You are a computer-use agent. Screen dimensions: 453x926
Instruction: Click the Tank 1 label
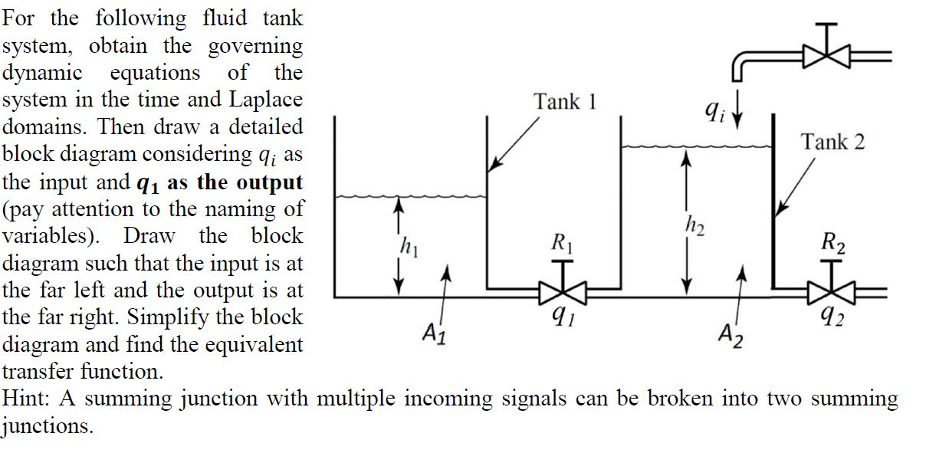point(565,101)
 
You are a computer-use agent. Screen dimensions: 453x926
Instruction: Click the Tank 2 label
point(832,142)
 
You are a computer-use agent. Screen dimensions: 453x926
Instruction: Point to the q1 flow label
point(563,319)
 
